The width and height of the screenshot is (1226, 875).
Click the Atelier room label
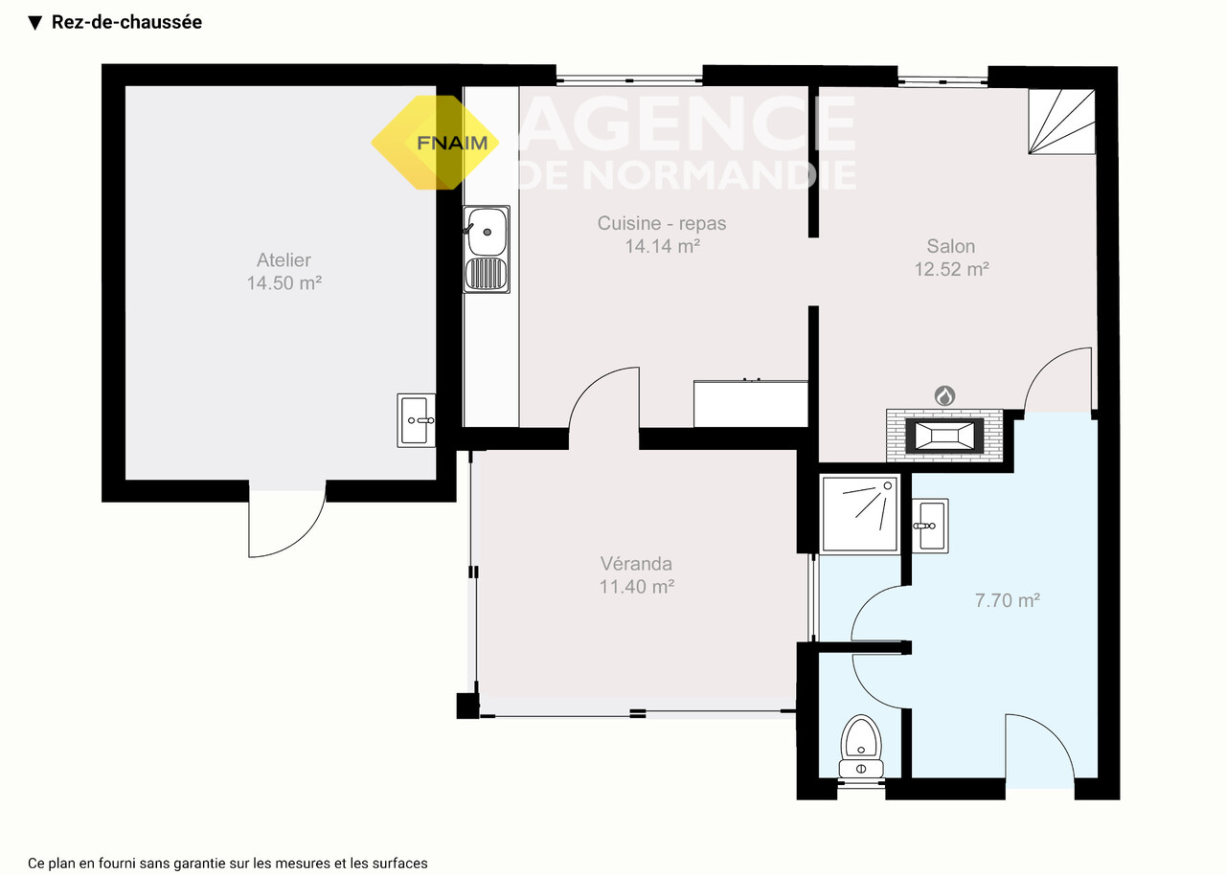click(x=284, y=259)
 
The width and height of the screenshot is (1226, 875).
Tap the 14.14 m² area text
click(x=662, y=246)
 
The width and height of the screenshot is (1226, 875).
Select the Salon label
click(x=951, y=246)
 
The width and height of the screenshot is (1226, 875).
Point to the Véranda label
click(x=636, y=563)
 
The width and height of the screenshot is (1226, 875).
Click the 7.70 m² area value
click(x=1007, y=600)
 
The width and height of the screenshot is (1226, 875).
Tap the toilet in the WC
click(x=861, y=747)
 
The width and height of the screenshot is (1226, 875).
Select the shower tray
click(x=860, y=513)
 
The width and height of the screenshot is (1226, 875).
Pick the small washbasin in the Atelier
click(x=416, y=420)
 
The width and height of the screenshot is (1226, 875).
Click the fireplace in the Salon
click(x=944, y=435)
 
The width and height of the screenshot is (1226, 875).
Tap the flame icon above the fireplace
click(x=944, y=394)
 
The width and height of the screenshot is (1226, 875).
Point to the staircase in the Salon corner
click(x=1062, y=122)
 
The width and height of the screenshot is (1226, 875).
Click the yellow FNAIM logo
click(x=435, y=143)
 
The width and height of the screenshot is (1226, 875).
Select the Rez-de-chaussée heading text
click(x=126, y=22)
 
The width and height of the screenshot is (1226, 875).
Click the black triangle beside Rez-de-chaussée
click(x=35, y=23)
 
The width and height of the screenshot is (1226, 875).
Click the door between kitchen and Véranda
click(x=604, y=405)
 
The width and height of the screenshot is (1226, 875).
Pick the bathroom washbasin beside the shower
click(x=930, y=526)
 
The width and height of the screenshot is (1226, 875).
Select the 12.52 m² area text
click(x=951, y=269)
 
